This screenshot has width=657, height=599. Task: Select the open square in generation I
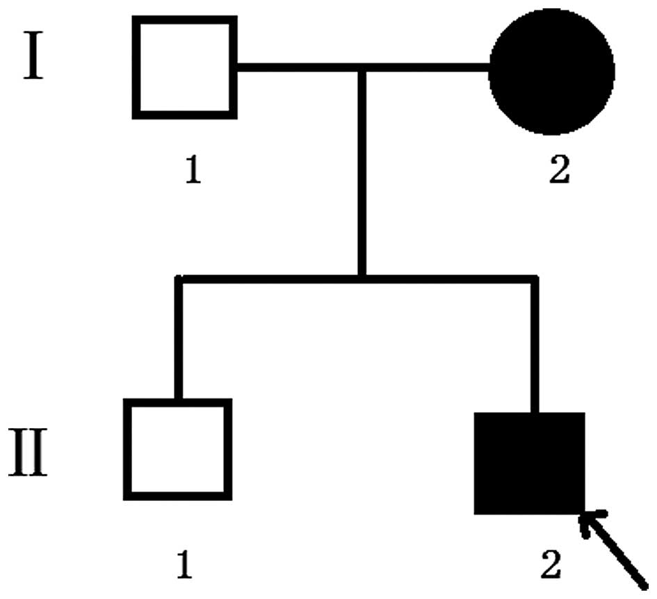coord(185,67)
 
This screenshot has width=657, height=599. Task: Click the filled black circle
coord(551,70)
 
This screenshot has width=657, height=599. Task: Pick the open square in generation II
coord(177,450)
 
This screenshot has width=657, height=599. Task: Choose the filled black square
coord(529,463)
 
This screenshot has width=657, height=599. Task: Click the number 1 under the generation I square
coord(193,170)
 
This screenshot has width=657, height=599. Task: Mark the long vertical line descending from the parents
coord(361,174)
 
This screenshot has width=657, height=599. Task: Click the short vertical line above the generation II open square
coord(179,340)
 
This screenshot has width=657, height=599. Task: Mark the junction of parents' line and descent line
coord(361,68)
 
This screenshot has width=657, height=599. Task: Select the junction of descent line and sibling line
coord(361,279)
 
